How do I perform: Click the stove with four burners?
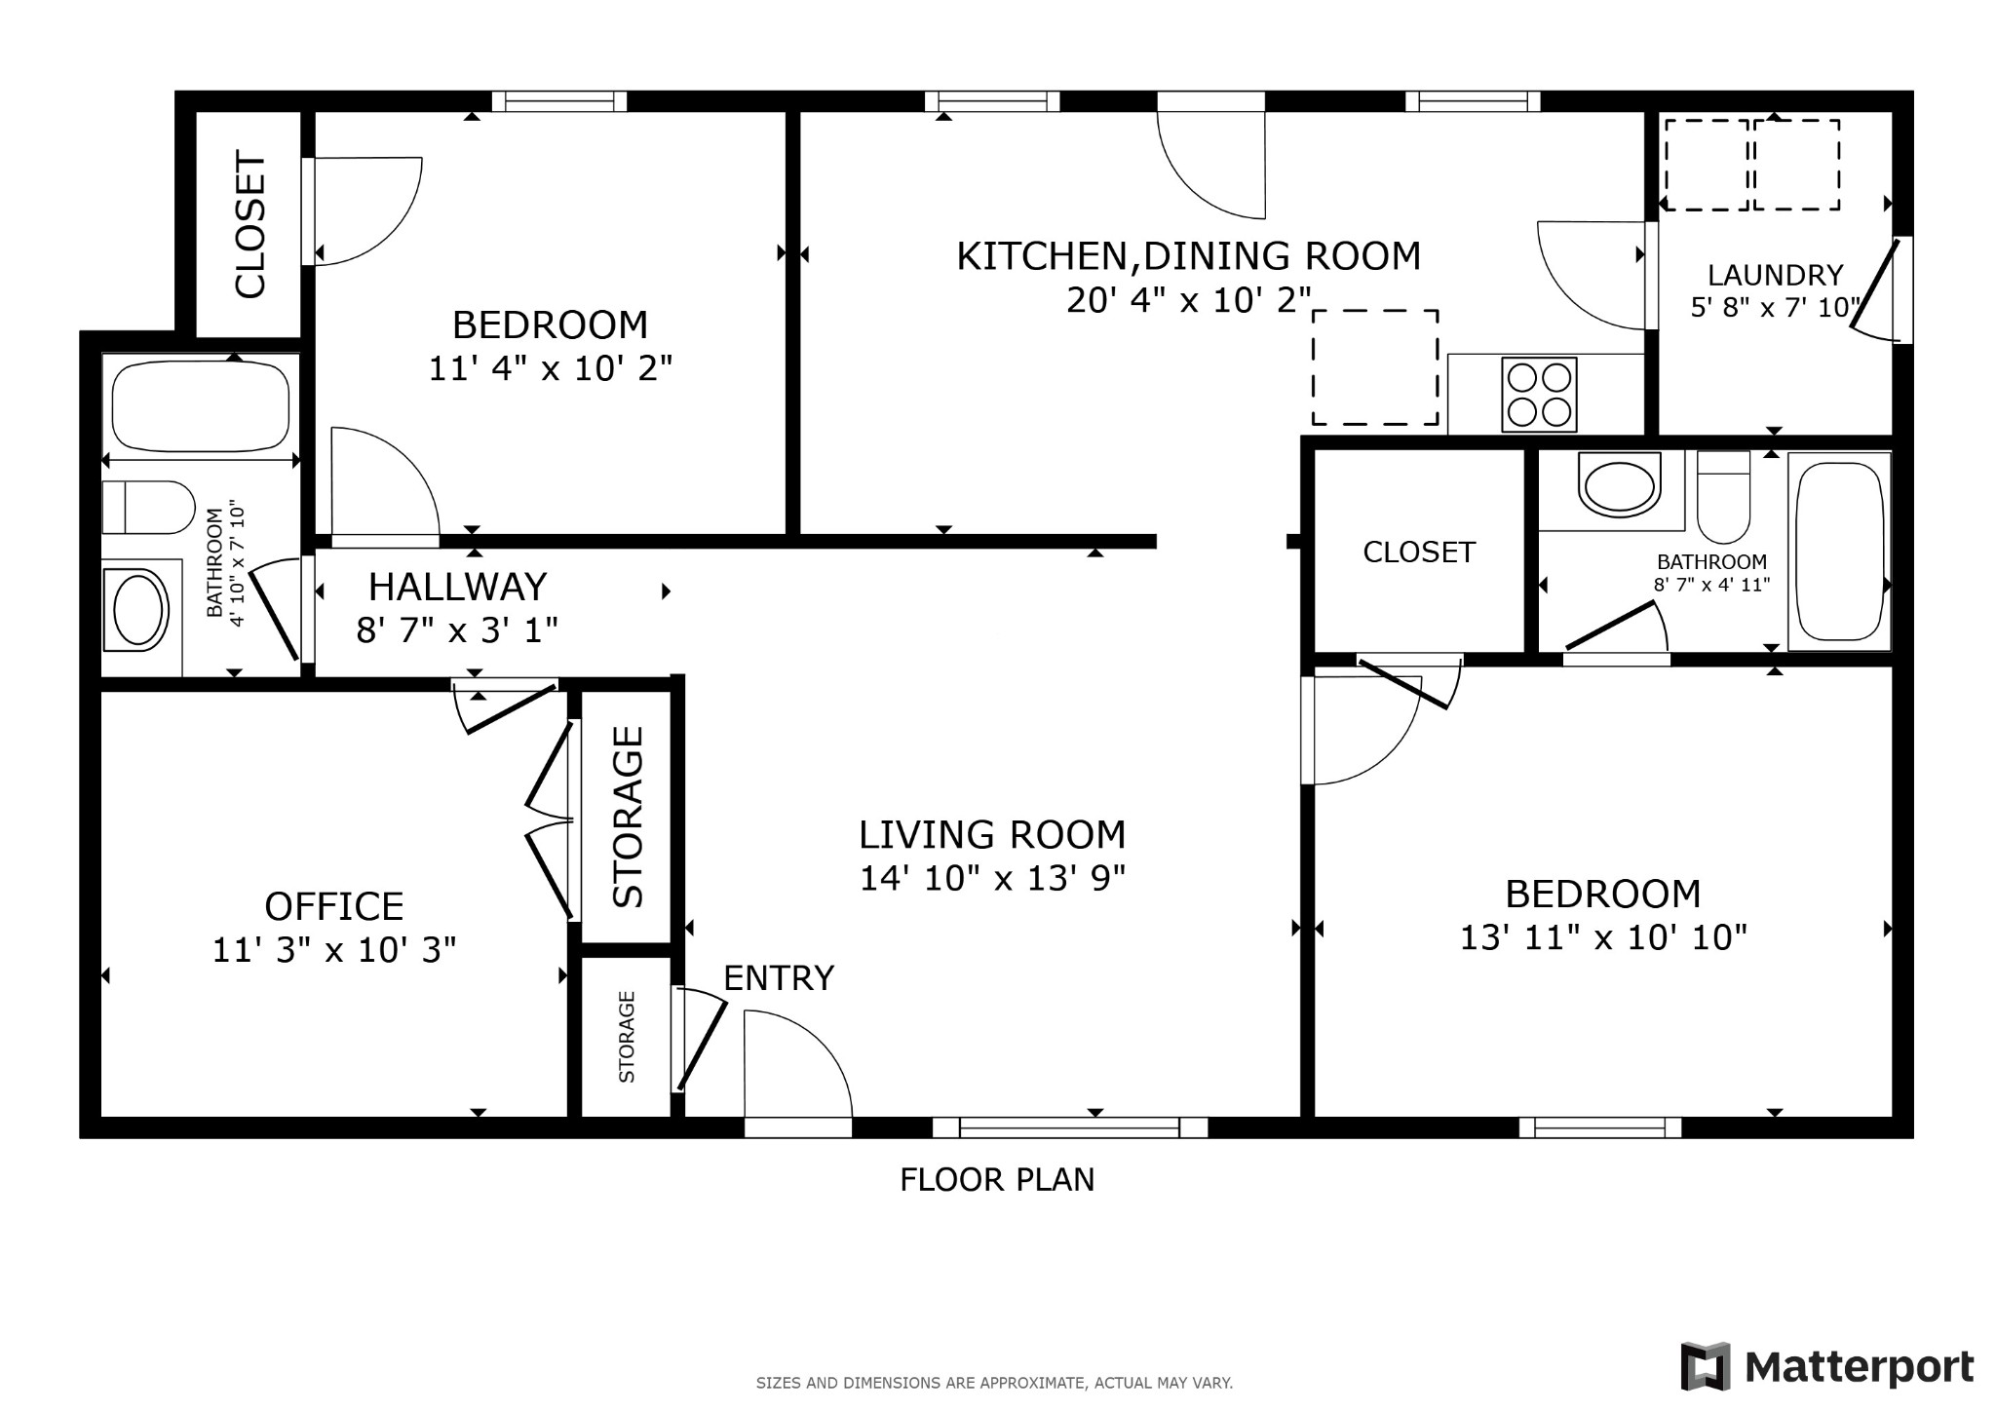(1540, 395)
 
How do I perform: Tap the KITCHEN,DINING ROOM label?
(1188, 256)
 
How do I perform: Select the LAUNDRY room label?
(1775, 276)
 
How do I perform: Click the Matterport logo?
(1826, 1366)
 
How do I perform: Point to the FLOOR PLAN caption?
(997, 1180)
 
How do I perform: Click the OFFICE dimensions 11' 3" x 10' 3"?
(334, 949)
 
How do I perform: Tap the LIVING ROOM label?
(992, 835)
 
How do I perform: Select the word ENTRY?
(779, 977)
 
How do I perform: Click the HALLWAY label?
(457, 587)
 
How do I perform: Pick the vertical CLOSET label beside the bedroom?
(249, 224)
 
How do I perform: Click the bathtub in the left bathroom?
(201, 405)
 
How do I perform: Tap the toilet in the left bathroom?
(149, 507)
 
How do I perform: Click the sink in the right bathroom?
(1619, 484)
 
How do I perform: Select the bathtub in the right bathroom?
(1839, 551)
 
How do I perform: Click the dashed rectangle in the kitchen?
(1374, 367)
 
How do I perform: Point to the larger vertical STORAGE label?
(628, 817)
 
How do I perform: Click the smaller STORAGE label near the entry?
(627, 1037)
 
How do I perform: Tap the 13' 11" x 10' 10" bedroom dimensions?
(1602, 937)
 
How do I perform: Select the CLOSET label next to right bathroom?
(1418, 553)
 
